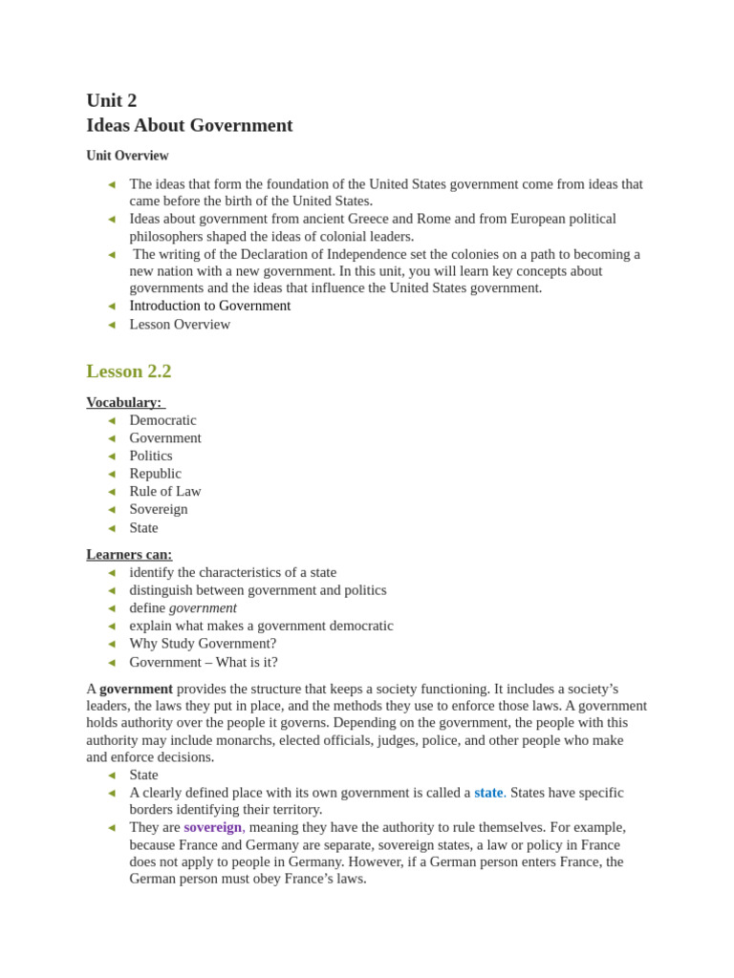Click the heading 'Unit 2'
(111, 100)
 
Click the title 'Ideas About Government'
(189, 125)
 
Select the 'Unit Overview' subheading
(127, 156)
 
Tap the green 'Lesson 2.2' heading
(128, 372)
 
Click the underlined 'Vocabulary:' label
(124, 402)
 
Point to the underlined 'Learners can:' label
(129, 554)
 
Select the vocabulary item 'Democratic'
(162, 420)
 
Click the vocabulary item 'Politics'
(151, 456)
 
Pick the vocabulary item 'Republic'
(155, 474)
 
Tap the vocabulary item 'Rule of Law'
(165, 491)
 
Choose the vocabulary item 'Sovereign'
(159, 509)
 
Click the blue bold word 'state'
(487, 793)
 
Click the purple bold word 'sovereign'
(212, 827)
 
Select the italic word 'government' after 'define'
(203, 607)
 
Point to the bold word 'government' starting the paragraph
(136, 689)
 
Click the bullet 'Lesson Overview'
(180, 324)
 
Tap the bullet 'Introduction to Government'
(209, 306)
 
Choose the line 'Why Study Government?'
(203, 644)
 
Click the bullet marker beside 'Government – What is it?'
(112, 663)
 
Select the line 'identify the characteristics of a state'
(232, 572)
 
